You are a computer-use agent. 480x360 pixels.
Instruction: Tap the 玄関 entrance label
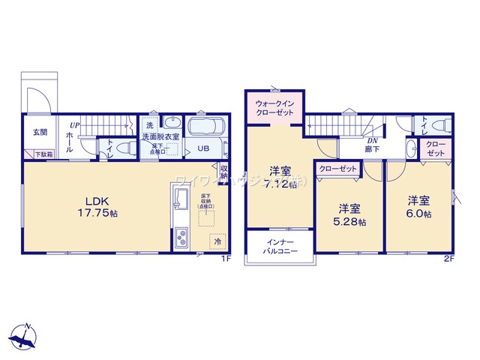pos(40,132)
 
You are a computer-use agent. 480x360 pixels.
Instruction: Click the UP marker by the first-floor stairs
pos(74,124)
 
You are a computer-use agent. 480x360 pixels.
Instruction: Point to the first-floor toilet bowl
pos(127,146)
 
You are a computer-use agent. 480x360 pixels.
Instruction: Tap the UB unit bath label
pos(202,148)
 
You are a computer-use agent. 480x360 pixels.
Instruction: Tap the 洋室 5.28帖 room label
pos(350,214)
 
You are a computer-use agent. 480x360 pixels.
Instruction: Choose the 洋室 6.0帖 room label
pos(419,207)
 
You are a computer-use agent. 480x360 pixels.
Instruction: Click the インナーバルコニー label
pos(281,247)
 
